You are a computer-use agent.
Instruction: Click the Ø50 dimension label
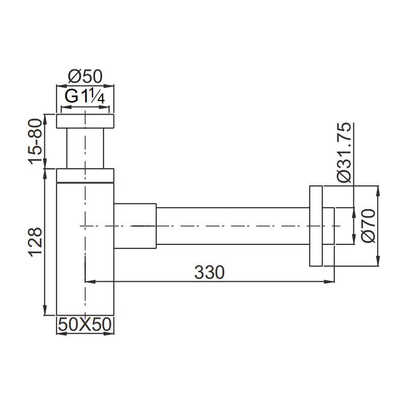tap(85, 76)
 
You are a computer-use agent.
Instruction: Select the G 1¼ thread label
tap(85, 96)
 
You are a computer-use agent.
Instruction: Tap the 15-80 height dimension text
tap(35, 141)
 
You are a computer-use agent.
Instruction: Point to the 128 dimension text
tap(35, 242)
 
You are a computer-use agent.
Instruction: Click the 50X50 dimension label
tap(85, 324)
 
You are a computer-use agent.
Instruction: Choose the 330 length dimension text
tap(209, 272)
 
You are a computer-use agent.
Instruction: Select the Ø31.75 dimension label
tap(344, 153)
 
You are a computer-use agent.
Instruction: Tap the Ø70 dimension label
tap(369, 226)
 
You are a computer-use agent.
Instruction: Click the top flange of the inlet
tap(85, 121)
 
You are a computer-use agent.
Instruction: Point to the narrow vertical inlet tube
tap(85, 148)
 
